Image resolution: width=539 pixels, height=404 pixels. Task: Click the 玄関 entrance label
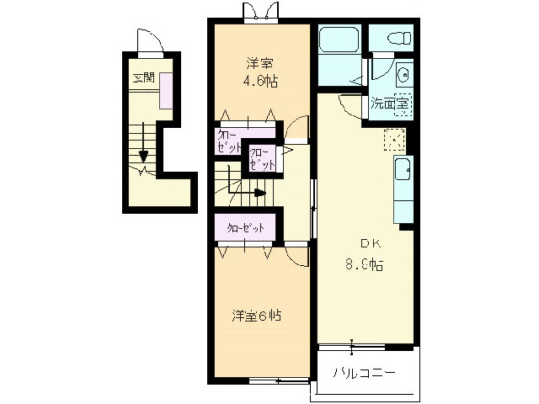tap(143, 78)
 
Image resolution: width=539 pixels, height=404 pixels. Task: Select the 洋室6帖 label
tap(257, 316)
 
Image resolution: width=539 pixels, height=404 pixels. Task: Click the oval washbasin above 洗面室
tap(403, 75)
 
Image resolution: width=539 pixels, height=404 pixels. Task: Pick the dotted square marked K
tap(394, 139)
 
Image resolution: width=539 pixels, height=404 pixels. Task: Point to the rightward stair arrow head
tap(261, 193)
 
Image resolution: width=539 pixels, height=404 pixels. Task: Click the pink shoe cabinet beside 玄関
tap(167, 89)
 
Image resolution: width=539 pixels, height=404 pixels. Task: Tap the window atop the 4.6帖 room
tap(259, 12)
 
